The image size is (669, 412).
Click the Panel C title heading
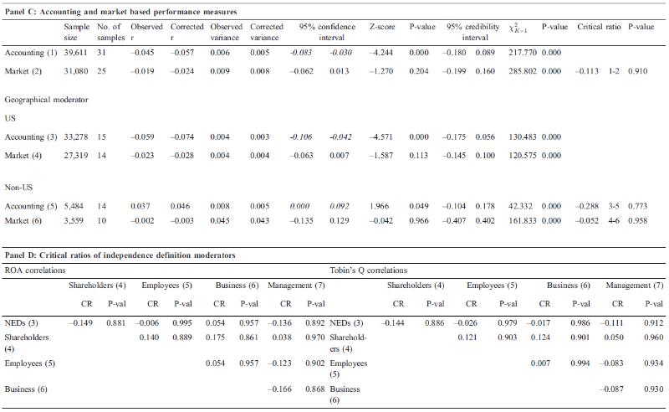click(x=120, y=12)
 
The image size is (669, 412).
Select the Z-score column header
click(x=382, y=27)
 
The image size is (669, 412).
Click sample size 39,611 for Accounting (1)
click(x=75, y=53)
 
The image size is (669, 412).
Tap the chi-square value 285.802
click(x=523, y=71)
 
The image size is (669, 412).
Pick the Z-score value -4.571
click(x=381, y=136)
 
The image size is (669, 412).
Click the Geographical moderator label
click(x=47, y=100)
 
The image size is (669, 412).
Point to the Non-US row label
click(x=18, y=188)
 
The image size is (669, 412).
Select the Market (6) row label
click(x=23, y=220)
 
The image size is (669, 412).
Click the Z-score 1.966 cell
click(x=380, y=206)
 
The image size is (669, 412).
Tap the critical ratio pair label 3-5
click(x=614, y=206)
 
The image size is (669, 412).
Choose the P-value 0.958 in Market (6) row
click(x=637, y=220)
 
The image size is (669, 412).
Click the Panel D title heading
click(x=120, y=255)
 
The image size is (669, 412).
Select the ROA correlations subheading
click(x=35, y=270)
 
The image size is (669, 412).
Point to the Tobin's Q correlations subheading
click(x=369, y=270)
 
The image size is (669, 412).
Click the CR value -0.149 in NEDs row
click(x=80, y=322)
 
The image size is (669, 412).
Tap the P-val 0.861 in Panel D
click(x=248, y=337)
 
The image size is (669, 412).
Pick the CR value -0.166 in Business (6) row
click(x=279, y=389)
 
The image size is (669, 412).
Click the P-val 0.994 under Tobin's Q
click(x=580, y=363)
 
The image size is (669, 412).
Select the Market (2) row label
click(x=23, y=71)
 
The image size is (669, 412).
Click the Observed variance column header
click(x=226, y=32)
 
